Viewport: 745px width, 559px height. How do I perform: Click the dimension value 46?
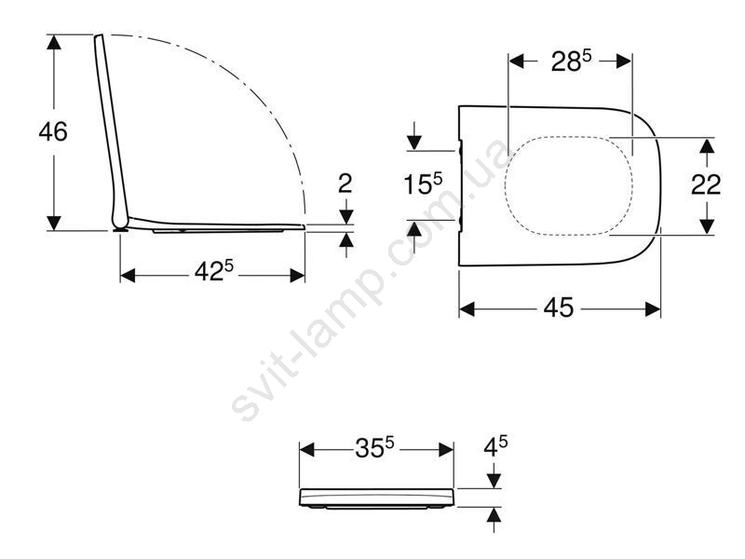[x=53, y=131]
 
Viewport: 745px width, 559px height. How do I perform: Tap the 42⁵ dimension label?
[x=214, y=271]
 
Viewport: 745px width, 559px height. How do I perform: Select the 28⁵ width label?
[x=572, y=61]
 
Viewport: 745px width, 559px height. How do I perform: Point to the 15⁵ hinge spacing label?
[x=423, y=184]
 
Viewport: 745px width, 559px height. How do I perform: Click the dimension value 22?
[x=706, y=184]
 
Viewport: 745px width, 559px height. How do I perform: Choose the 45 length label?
[x=559, y=307]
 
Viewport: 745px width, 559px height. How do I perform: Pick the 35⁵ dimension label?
[x=375, y=447]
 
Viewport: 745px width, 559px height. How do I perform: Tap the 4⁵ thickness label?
[x=495, y=446]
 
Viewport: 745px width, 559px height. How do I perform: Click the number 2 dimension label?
[x=345, y=184]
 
